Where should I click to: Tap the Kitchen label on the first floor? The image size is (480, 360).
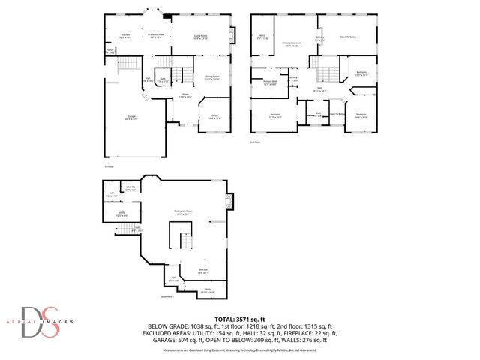127,34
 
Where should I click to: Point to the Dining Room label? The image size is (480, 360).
212,76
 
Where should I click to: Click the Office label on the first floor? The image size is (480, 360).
214,116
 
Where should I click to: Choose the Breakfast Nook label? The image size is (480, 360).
156,34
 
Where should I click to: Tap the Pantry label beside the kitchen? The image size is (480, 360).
110,52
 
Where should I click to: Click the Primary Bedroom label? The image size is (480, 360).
292,44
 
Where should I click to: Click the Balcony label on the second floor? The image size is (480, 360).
319,37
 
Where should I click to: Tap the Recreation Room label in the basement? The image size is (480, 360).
180,212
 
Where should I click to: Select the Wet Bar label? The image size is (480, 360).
203,271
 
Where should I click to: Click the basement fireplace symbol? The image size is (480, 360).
231,201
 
